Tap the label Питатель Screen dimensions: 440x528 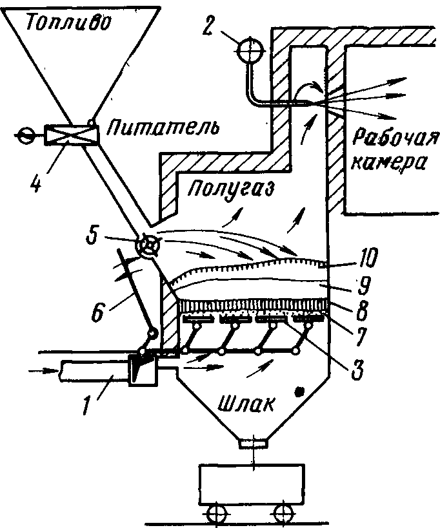163,128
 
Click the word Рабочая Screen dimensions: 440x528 395,138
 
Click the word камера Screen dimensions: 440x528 388,164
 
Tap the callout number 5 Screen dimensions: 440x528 93,236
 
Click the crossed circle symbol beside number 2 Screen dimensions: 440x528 250,51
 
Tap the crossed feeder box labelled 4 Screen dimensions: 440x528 72,135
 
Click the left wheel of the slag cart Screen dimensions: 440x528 216,514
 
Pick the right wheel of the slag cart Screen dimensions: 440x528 283,514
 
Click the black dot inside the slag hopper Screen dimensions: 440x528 299,391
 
